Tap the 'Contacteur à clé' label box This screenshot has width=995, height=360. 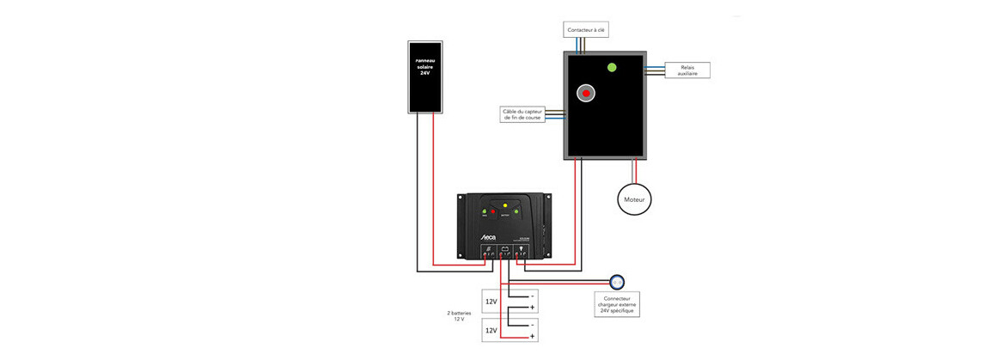coord(586,30)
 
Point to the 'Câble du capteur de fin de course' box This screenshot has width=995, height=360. coord(523,114)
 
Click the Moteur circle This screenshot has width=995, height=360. coord(635,200)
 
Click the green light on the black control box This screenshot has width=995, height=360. coord(612,67)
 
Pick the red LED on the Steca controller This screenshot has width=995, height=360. coord(493,211)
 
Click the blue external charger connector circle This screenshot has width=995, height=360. coord(616,281)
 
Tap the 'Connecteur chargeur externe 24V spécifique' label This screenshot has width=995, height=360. coord(616,303)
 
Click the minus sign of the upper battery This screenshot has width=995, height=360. coord(533,296)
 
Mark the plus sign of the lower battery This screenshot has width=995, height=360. coord(533,336)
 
